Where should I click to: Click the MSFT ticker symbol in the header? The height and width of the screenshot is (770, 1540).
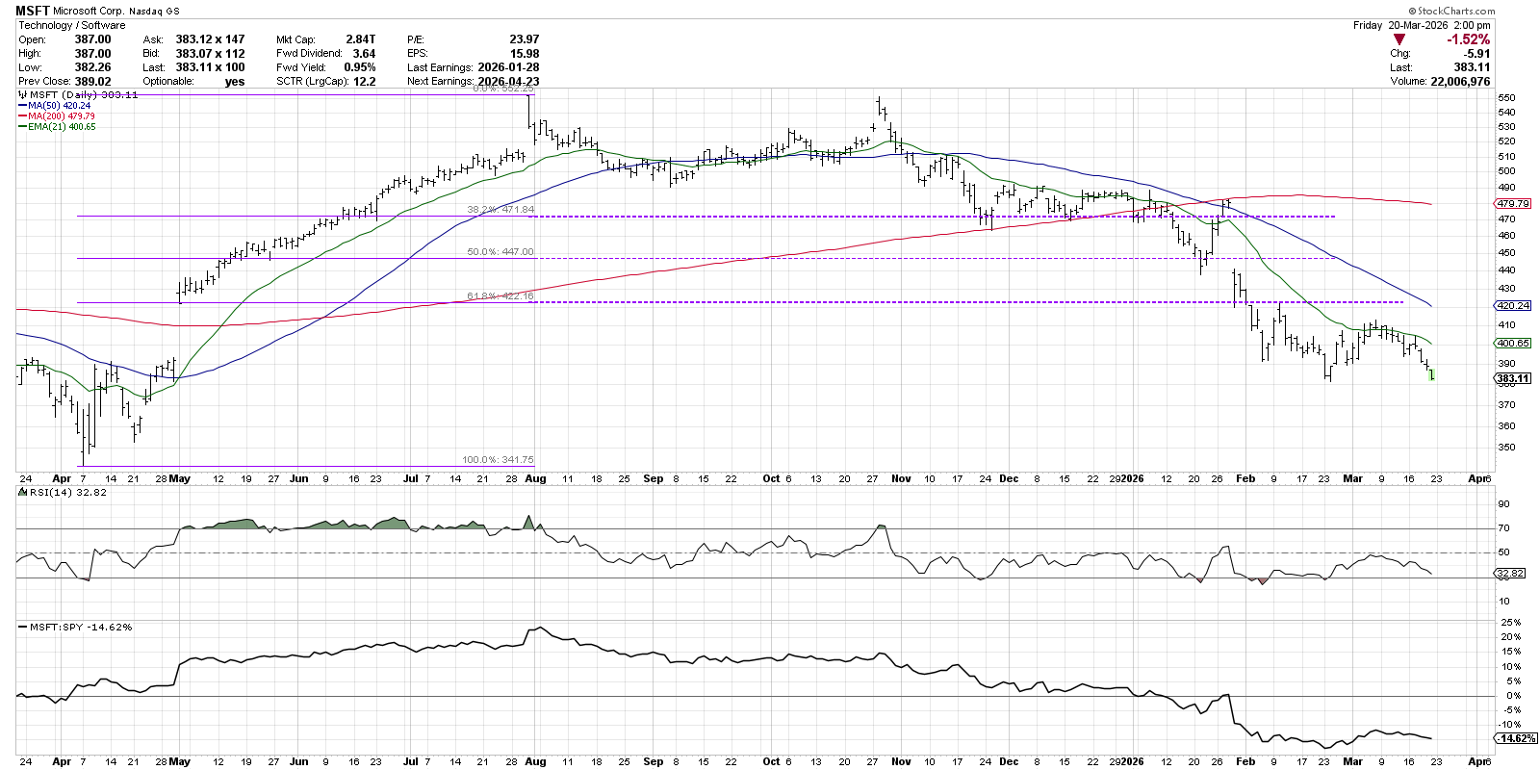33,11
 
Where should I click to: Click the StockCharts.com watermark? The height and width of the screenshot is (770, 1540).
1455,11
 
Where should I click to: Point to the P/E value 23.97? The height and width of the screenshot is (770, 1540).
524,39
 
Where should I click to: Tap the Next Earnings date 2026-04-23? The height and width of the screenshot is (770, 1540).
508,81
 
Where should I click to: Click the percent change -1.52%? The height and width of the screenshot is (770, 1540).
1468,39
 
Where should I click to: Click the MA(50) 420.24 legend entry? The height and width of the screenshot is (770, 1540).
59,106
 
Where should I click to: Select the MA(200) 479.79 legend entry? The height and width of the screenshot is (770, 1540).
61,116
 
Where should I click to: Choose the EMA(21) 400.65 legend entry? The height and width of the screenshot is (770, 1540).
62,127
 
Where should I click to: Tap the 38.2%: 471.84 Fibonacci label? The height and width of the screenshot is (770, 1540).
500,209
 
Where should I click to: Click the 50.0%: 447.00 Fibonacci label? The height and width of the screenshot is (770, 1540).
500,252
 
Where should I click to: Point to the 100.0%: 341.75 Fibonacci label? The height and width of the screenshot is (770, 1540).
498,460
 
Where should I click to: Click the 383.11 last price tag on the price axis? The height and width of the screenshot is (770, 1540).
1512,378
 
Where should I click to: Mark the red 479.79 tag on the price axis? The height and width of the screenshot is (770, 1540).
1512,203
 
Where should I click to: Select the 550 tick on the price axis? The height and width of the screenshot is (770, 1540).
1506,98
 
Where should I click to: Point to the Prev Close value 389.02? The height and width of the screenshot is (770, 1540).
92,81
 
